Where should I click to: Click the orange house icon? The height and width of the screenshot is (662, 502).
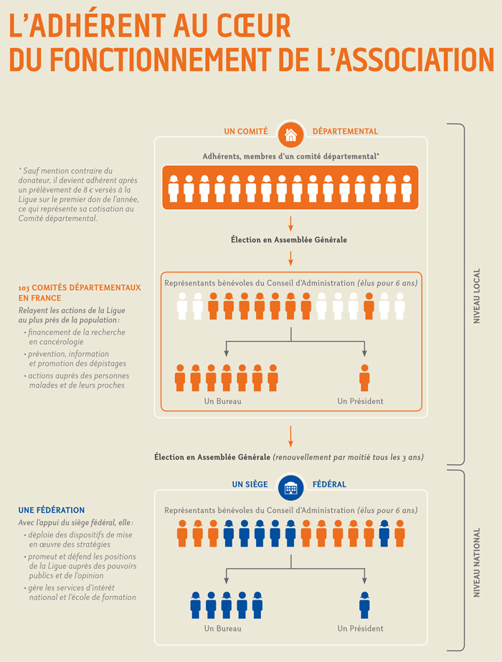point(290,135)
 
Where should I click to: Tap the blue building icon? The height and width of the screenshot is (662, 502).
point(290,488)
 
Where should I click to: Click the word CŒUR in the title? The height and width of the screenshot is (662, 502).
point(254,27)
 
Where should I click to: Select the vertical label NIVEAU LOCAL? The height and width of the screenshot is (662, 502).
point(477,296)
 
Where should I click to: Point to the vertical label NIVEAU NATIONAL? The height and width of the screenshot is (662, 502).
point(477,562)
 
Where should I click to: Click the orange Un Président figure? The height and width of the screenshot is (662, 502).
point(364,378)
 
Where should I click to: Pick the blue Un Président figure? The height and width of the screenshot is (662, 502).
point(364,605)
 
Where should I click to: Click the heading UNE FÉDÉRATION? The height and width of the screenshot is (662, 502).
point(52,510)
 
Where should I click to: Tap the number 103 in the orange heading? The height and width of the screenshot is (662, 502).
point(24,288)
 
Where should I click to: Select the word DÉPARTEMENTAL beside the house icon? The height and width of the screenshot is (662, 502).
point(345,131)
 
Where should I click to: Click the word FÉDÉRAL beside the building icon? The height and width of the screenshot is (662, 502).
point(329,484)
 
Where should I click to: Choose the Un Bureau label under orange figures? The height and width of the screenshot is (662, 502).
point(223,401)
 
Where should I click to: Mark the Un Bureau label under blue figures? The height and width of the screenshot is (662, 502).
point(223,628)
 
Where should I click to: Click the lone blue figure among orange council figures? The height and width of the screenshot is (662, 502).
point(384,533)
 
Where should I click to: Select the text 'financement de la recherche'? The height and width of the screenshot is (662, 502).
point(77,332)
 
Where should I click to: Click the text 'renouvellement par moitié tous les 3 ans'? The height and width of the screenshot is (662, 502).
point(349,457)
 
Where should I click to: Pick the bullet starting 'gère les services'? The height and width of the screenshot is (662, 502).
point(80,593)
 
